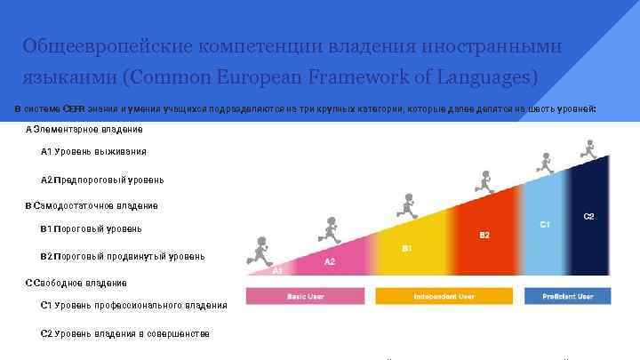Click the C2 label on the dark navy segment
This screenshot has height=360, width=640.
[x=588, y=216]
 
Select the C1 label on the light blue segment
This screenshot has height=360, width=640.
[x=545, y=225]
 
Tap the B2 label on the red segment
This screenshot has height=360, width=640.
[x=484, y=235]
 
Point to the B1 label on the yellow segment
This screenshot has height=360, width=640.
[x=406, y=248]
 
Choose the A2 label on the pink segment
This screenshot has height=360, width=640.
[x=330, y=261]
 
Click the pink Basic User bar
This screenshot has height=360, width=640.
[x=304, y=296]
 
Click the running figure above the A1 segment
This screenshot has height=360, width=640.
[x=260, y=250]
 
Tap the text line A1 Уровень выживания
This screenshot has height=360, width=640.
[x=93, y=151]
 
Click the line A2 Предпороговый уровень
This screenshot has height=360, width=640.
[x=102, y=180]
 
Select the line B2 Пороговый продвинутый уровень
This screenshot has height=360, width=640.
[x=123, y=256]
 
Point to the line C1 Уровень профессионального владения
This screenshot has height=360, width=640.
[x=133, y=305]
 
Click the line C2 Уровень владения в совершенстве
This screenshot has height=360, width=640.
[x=125, y=333]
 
